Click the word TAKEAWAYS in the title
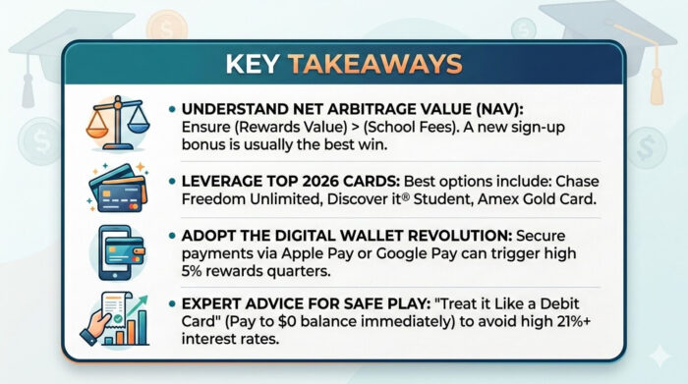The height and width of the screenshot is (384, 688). [x=374, y=64]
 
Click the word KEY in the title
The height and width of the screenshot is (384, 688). [x=254, y=64]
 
